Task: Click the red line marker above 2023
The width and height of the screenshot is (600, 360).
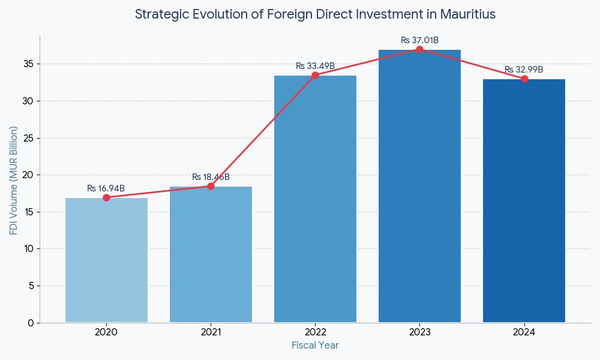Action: click(x=419, y=49)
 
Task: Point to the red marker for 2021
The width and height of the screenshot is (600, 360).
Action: click(x=211, y=186)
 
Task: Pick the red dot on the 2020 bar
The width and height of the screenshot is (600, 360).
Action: click(x=106, y=197)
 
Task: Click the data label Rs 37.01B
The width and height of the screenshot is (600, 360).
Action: click(x=419, y=40)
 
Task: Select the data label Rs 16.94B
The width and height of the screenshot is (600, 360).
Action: click(x=106, y=188)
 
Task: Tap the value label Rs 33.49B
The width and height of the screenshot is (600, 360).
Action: click(x=315, y=66)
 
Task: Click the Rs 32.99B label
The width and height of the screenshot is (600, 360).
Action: click(x=524, y=70)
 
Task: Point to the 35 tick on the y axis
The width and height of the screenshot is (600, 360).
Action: click(x=29, y=64)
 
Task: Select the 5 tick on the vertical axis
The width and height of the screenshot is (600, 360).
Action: click(x=31, y=286)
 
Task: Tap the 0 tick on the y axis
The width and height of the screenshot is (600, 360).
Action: click(x=31, y=323)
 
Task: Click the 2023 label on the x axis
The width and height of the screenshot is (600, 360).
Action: click(x=419, y=332)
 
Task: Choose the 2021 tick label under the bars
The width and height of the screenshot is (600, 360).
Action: click(x=211, y=332)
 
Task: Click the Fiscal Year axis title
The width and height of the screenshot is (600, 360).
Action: click(x=315, y=346)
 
